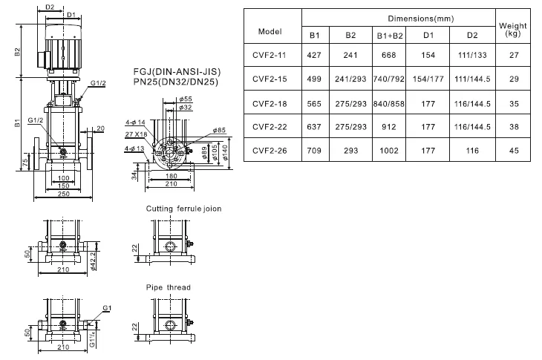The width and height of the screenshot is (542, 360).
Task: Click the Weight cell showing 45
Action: pyautogui.click(x=514, y=151)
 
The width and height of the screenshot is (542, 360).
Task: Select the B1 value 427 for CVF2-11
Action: pyautogui.click(x=314, y=55)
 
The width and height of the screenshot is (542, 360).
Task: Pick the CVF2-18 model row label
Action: pyautogui.click(x=270, y=104)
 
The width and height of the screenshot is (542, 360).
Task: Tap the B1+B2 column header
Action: pyautogui.click(x=389, y=35)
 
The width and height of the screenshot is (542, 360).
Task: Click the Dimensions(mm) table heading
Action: pyautogui.click(x=421, y=19)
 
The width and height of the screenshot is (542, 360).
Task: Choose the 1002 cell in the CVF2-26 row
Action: pyautogui.click(x=389, y=151)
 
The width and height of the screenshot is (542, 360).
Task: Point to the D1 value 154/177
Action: pyautogui.click(x=428, y=79)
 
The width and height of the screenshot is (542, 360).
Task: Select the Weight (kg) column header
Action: pyautogui.click(x=512, y=30)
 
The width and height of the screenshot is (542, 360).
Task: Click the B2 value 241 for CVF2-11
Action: pyautogui.click(x=350, y=55)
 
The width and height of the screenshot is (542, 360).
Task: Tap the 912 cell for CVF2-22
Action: pyautogui.click(x=389, y=127)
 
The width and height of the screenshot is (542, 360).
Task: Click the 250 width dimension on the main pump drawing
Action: pyautogui.click(x=64, y=194)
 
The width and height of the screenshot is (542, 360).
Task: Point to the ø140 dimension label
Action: pyautogui.click(x=225, y=152)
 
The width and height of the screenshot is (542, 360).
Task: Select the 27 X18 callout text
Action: pyautogui.click(x=136, y=134)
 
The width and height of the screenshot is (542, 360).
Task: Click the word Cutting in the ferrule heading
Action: pyautogui.click(x=160, y=209)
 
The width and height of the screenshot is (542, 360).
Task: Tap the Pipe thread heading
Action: pyautogui.click(x=169, y=287)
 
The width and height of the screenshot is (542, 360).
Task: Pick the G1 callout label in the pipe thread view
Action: pyautogui.click(x=107, y=308)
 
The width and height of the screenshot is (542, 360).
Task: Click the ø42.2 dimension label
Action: pyautogui.click(x=93, y=261)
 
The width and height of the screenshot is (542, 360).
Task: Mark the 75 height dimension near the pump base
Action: pyautogui.click(x=25, y=163)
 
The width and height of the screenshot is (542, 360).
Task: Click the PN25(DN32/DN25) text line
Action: pyautogui.click(x=176, y=82)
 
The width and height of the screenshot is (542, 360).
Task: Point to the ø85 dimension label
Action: pyautogui.click(x=219, y=130)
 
